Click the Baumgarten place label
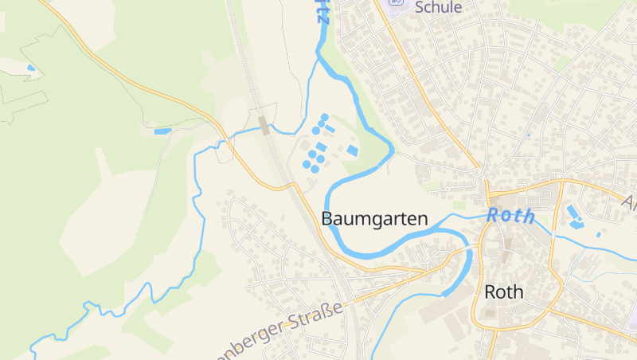click(x=374, y=218)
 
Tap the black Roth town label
click(x=504, y=292)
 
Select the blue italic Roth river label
click(x=510, y=215)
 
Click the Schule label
click(x=438, y=7)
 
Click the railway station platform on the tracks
click(x=264, y=124)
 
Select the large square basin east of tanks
click(x=353, y=151)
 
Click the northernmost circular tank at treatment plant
click(x=325, y=117)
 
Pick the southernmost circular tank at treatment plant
click(x=315, y=169)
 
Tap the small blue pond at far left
click(x=31, y=68)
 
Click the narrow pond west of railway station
click(x=162, y=131)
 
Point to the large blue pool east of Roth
click(x=573, y=213)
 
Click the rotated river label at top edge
click(x=322, y=11)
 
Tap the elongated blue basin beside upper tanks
click(x=330, y=129)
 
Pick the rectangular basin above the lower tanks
click(x=320, y=147)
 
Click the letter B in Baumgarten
click(x=327, y=218)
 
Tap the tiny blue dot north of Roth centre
click(x=528, y=135)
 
